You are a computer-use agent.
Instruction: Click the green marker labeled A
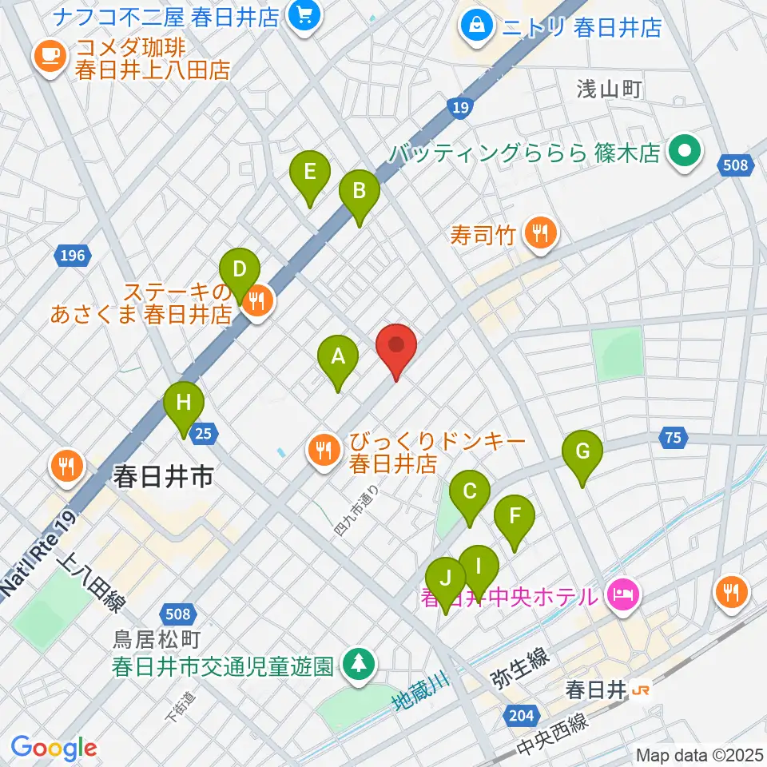pyautogui.click(x=338, y=357)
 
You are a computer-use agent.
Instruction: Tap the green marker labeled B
pyautogui.click(x=359, y=193)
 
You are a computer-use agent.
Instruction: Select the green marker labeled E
pyautogui.click(x=310, y=173)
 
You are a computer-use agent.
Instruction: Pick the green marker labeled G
pyautogui.click(x=582, y=453)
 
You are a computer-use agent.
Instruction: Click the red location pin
pyautogui.click(x=397, y=345)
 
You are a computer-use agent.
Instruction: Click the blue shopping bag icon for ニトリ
pyautogui.click(x=476, y=25)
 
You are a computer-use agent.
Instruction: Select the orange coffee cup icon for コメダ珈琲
pyautogui.click(x=50, y=55)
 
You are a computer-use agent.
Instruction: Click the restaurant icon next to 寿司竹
pyautogui.click(x=541, y=233)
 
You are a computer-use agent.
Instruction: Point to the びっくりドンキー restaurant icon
pyautogui.click(x=324, y=451)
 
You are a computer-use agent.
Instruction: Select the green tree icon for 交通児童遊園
pyautogui.click(x=360, y=664)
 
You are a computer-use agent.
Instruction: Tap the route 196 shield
pyautogui.click(x=71, y=256)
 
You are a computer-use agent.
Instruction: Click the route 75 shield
pyautogui.click(x=674, y=436)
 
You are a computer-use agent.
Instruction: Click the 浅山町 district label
pyautogui.click(x=610, y=89)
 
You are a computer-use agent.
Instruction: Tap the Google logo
pyautogui.click(x=54, y=747)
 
